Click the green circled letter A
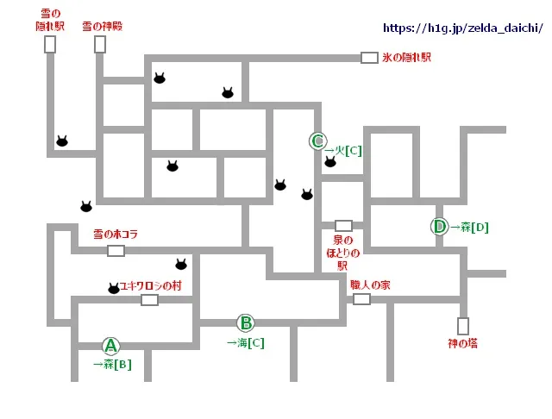tap(110, 346)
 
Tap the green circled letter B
tap(246, 323)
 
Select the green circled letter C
tap(317, 141)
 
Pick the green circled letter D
tap(439, 227)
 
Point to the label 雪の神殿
tap(102, 27)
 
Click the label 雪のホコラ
tap(115, 235)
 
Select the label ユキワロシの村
tap(151, 285)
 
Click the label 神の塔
tap(462, 342)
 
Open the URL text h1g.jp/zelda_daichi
tap(461, 28)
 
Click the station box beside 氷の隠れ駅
tap(369, 58)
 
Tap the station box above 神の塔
tap(463, 326)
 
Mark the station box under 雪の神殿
tap(100, 44)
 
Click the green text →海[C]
tap(246, 342)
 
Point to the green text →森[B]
tap(112, 364)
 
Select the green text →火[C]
tap(342, 149)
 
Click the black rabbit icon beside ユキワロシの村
tap(114, 289)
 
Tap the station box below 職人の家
tap(361, 299)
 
